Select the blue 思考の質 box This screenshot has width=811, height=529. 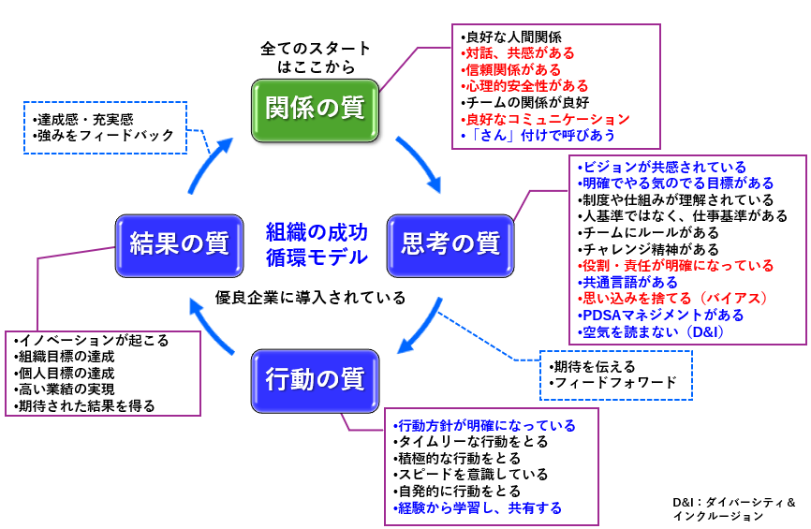(450, 245)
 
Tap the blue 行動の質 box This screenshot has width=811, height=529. (315, 381)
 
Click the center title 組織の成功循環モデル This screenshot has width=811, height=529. (316, 243)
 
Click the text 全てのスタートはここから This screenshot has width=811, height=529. (315, 57)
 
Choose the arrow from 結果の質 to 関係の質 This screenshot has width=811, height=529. (208, 163)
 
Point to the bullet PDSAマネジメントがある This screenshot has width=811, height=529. (661, 315)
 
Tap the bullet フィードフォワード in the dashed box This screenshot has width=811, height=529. (612, 382)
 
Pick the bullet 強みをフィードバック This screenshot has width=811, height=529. (103, 136)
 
